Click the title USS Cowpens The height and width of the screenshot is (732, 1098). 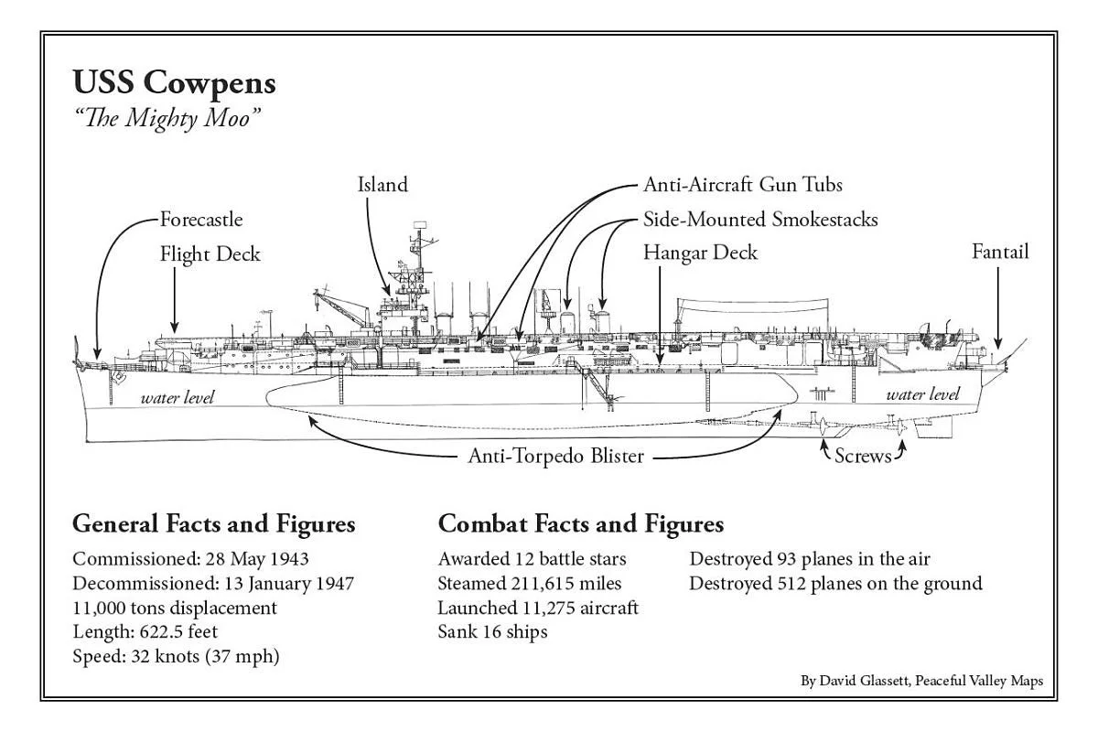point(174,83)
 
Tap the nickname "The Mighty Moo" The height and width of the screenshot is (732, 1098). point(162,119)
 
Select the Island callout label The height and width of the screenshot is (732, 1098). point(382,185)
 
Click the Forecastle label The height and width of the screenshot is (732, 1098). point(201,220)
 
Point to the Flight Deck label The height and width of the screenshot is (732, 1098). point(210,253)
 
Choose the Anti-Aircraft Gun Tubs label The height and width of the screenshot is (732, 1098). point(743,185)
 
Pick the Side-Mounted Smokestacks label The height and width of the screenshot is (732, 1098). point(760,220)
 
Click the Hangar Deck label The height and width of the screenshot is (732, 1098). point(700,253)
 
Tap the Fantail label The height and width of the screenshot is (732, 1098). point(1000,252)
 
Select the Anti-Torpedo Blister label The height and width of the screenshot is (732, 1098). point(556,456)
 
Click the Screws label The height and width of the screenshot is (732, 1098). point(862,455)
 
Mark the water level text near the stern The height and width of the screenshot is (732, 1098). point(923,394)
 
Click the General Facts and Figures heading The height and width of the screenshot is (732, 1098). point(213,524)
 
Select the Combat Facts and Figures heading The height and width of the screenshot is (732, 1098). point(581,524)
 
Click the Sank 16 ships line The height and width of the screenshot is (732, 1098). point(492,631)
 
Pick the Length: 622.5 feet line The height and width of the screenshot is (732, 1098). point(145,631)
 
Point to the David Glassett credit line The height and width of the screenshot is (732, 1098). point(921,681)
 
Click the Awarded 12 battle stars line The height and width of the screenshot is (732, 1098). point(532,559)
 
